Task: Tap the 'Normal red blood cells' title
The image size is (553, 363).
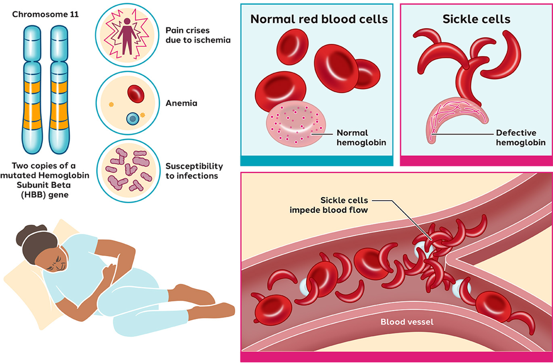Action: [x=319, y=19]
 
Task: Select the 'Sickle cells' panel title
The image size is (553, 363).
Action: [x=476, y=19]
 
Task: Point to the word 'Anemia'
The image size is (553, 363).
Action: [x=181, y=103]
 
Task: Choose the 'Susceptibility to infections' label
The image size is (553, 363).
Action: [x=194, y=170]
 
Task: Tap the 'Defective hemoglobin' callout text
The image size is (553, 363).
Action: [x=520, y=138]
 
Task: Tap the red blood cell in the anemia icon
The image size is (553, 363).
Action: [x=136, y=93]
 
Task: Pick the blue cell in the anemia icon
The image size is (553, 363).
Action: [x=133, y=118]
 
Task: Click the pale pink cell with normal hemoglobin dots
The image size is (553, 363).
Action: [x=296, y=127]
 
